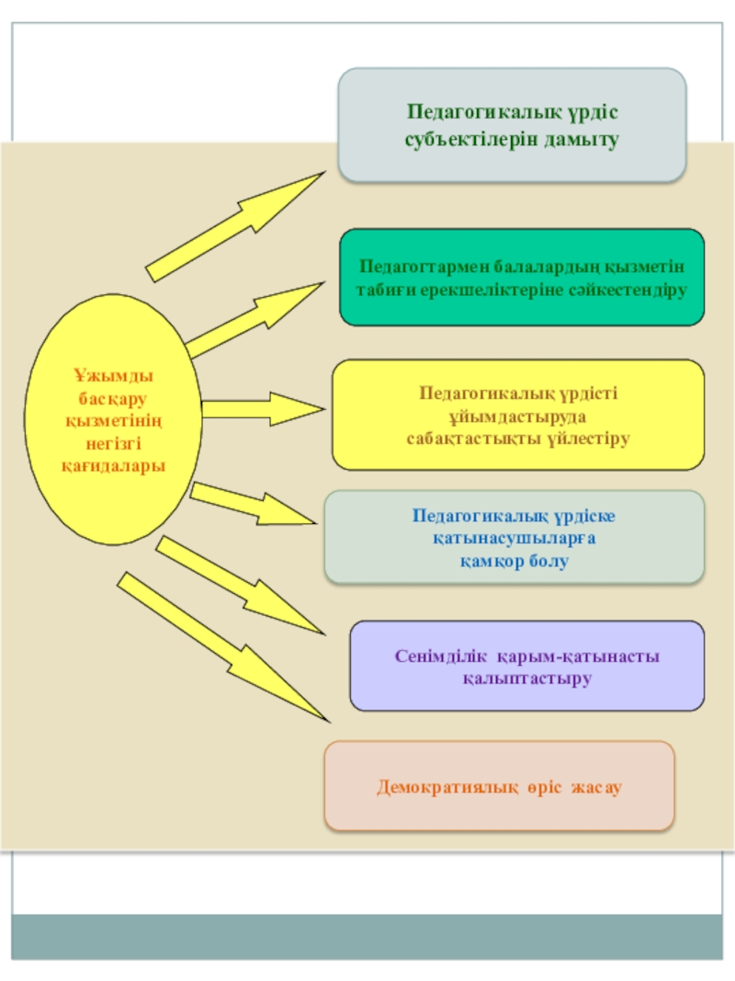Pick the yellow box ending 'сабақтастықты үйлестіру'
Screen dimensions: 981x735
(518, 416)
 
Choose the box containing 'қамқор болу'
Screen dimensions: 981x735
(514, 537)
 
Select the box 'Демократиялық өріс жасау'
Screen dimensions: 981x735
(499, 787)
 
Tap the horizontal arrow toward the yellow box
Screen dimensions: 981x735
(262, 408)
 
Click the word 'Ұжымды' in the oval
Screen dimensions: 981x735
(113, 375)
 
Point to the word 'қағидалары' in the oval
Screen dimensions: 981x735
(113, 465)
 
